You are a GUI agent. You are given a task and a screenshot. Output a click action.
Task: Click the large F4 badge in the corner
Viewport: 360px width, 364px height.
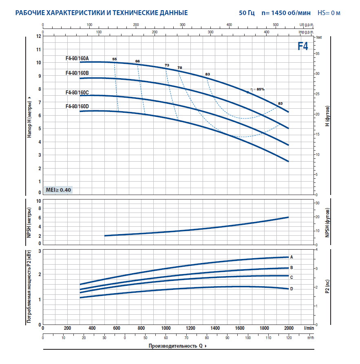303,46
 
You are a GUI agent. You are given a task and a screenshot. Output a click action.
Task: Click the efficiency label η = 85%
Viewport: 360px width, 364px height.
258,89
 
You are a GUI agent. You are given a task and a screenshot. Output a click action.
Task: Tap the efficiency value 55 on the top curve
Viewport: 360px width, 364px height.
114,59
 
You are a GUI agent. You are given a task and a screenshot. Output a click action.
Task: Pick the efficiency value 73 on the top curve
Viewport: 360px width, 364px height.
167,65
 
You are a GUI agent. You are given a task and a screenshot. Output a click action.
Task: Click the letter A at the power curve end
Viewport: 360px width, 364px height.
292,257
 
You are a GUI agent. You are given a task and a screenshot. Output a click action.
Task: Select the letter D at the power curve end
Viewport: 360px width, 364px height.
292,289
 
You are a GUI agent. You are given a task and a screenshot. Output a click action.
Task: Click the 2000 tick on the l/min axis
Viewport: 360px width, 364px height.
289,328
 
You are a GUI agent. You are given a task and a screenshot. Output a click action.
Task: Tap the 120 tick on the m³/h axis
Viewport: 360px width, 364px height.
289,338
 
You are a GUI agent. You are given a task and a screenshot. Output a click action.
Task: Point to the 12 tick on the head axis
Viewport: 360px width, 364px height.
39,36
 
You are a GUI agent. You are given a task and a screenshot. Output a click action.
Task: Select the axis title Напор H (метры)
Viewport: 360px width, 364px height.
29,117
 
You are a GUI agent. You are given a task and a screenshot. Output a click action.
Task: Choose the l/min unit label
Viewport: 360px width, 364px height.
309,328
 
